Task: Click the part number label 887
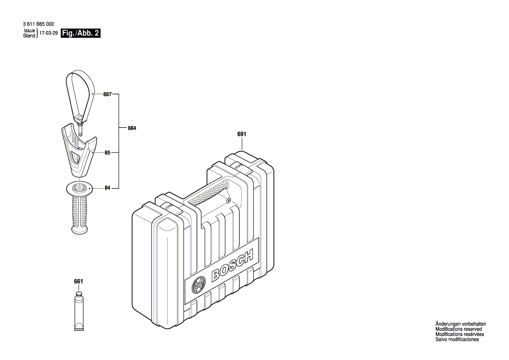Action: [107, 94]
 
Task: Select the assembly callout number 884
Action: [132, 129]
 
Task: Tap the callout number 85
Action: [107, 153]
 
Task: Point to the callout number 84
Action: [107, 188]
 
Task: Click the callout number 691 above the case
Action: [242, 135]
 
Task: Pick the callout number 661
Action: [78, 282]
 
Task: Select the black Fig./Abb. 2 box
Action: [81, 34]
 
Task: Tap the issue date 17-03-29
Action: [49, 34]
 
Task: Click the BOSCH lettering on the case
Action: [232, 266]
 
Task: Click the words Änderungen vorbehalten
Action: [461, 324]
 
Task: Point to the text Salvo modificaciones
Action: [457, 340]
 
